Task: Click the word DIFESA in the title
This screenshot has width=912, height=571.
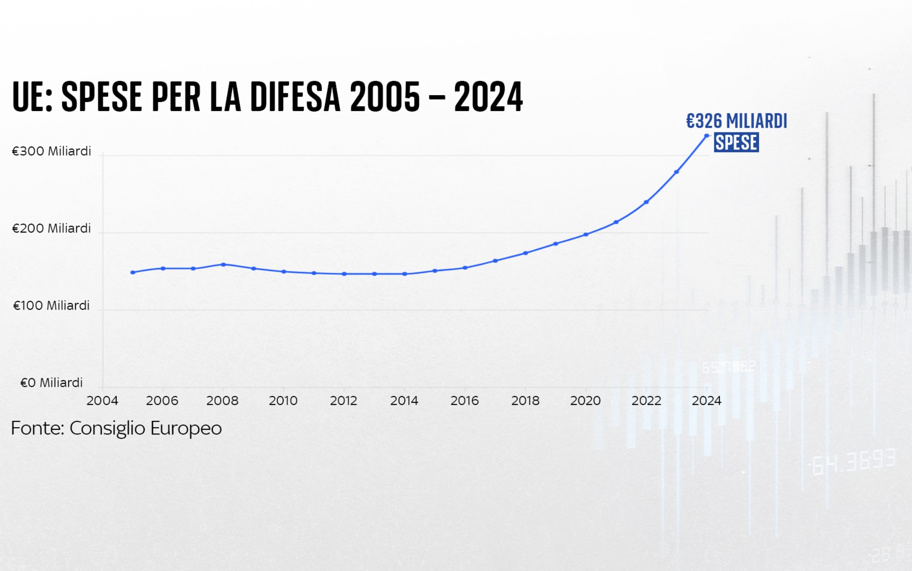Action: coord(295,97)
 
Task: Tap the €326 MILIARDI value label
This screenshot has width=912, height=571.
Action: coord(736,121)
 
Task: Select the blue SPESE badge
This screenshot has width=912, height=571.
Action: coord(736,143)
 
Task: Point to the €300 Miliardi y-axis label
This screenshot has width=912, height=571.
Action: coord(51,151)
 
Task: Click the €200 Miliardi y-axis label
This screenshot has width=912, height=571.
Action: coord(51,228)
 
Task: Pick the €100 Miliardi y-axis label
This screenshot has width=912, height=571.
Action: coord(51,306)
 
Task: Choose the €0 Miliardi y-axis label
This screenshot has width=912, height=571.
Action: coord(51,383)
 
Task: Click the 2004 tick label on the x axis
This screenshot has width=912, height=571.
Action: coord(102,401)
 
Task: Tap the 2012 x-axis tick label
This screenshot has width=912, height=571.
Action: coord(344,401)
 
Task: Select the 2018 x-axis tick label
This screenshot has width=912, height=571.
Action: coord(525,401)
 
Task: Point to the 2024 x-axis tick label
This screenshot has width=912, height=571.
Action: coord(706,401)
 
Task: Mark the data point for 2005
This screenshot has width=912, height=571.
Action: coord(133,272)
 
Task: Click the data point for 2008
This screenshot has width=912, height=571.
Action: coord(223,264)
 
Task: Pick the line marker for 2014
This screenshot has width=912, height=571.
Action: coord(405,274)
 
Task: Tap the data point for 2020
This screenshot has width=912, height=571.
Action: coord(586,235)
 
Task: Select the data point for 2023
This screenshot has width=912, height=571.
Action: coord(677,172)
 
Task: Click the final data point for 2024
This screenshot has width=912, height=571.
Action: coord(706,136)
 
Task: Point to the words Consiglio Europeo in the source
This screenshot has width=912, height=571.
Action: coord(146,428)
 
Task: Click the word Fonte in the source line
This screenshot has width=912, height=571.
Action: coord(38,428)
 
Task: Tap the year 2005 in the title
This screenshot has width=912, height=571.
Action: coord(385,97)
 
